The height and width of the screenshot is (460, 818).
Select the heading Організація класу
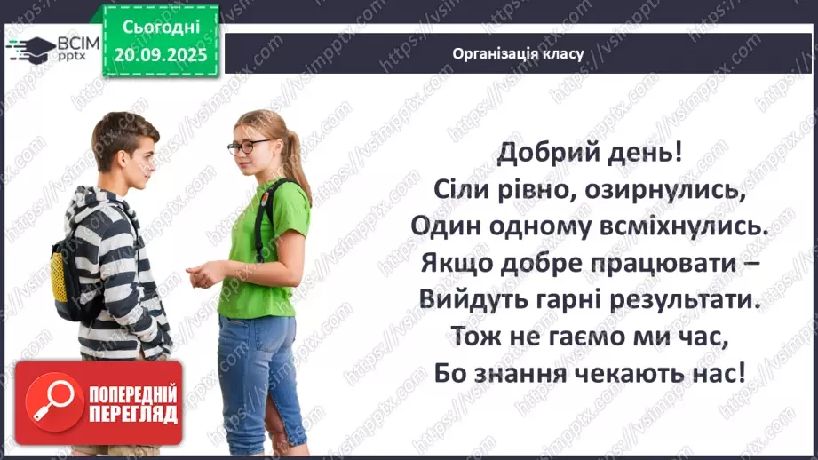(x=518, y=53)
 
